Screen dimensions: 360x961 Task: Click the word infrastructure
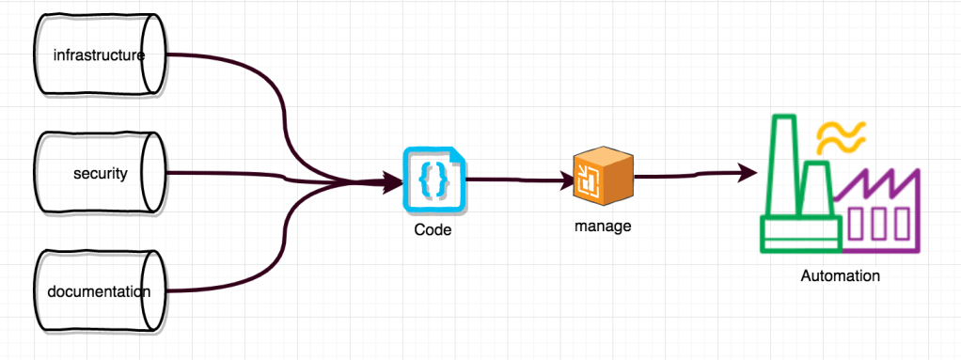coord(99,55)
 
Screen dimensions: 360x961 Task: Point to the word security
coord(100,174)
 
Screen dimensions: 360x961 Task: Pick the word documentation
coord(99,291)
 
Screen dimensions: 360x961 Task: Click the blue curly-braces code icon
coord(433,180)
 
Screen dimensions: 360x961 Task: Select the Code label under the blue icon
coord(433,229)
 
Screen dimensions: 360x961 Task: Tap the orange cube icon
coord(603,178)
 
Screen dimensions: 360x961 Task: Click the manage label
coord(603,227)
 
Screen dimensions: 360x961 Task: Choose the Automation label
coord(840,276)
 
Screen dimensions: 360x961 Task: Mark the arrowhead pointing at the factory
coord(748,172)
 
